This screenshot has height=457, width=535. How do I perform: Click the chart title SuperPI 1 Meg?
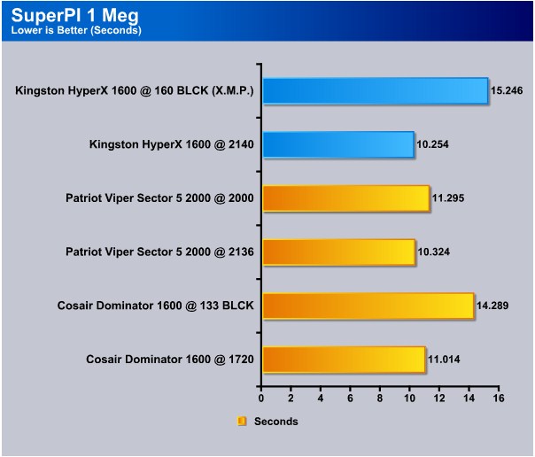click(75, 15)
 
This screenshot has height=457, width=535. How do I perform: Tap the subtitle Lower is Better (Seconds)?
click(76, 30)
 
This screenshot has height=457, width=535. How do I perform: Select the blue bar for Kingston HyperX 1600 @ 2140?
click(338, 144)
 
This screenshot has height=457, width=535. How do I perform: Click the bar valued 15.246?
click(376, 90)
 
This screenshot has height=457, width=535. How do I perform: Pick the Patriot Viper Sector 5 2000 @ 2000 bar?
click(346, 198)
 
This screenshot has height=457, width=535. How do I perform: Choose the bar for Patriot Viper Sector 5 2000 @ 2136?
click(339, 252)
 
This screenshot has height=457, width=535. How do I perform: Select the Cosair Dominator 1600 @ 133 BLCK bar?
click(368, 306)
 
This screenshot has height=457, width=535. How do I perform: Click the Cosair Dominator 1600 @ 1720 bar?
click(344, 360)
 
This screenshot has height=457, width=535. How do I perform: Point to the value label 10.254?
click(432, 144)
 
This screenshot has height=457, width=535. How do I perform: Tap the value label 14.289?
click(492, 306)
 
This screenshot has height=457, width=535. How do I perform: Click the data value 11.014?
click(444, 360)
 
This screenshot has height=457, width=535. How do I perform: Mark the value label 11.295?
click(448, 198)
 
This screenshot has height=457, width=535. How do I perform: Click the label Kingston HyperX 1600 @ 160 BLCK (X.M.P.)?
click(135, 90)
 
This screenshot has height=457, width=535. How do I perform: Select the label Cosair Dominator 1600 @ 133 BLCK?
click(156, 306)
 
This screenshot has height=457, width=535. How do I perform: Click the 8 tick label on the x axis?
click(380, 399)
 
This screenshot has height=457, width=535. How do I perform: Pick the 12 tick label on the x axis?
click(439, 399)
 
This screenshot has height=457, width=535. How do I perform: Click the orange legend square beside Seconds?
click(242, 422)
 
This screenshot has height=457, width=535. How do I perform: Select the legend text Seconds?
click(276, 422)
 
